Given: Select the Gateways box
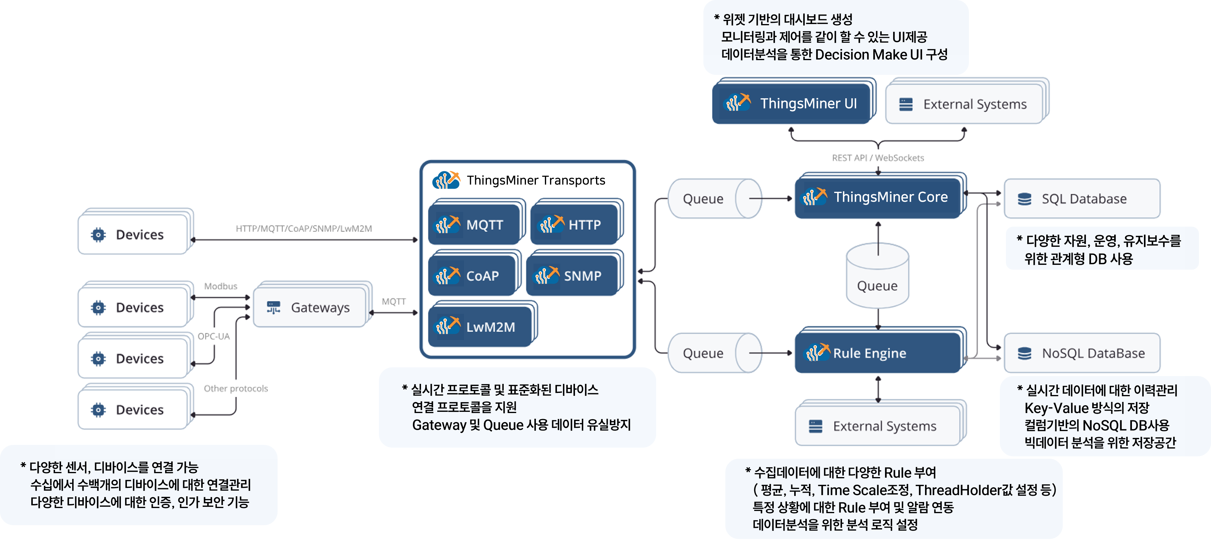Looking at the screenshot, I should (x=310, y=308).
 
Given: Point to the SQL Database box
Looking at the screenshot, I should (x=1081, y=199).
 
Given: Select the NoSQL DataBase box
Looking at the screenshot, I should (x=1081, y=353).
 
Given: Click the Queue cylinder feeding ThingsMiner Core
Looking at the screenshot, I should (x=714, y=199).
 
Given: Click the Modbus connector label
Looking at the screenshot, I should (x=220, y=286).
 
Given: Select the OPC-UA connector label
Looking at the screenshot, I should (x=214, y=336).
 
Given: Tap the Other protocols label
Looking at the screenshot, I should (x=235, y=388).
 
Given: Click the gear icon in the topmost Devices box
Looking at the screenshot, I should (x=98, y=234).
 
